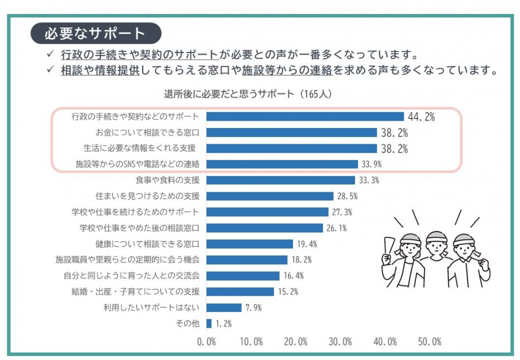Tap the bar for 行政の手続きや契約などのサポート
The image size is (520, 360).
(x=305, y=116)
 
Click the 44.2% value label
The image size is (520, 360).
(x=422, y=116)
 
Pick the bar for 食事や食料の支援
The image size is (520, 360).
(x=281, y=180)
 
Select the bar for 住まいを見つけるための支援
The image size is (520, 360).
(x=270, y=196)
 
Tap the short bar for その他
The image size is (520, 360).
(x=209, y=323)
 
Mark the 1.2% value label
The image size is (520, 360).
(x=223, y=324)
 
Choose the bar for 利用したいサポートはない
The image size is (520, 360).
(x=224, y=307)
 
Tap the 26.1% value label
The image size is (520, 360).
(x=337, y=228)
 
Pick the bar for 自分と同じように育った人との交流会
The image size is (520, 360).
(x=243, y=276)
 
